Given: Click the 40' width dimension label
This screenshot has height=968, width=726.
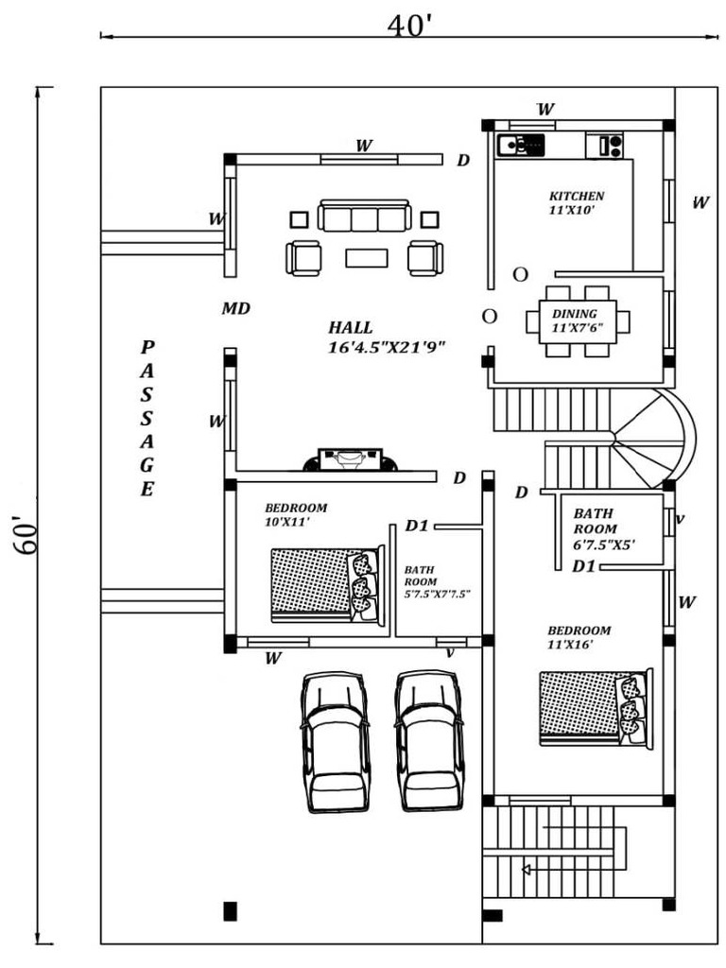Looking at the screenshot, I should coord(409,25).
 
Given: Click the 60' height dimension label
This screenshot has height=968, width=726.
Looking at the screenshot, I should coord(23,534).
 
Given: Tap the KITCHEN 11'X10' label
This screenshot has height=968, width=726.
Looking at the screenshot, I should coord(576,202).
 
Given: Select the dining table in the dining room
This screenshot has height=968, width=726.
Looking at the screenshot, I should coord(577,321).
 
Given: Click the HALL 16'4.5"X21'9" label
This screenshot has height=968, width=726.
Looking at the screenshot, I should coord(386,337).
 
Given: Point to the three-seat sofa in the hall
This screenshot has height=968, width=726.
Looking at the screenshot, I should coord(364,216).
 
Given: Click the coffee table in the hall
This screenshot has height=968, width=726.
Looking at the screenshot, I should coord(366,257).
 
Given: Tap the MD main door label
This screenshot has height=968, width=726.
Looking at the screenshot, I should coord(235,309).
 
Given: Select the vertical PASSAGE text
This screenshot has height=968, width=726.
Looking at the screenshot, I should coord(147,418).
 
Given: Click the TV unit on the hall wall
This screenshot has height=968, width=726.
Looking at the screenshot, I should coord(349,459).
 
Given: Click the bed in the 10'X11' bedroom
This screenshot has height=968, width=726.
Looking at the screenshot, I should coord(327,585).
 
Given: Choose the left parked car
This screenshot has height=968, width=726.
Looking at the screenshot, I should coord(334,741).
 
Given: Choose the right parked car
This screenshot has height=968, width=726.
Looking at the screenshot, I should coord(429,741).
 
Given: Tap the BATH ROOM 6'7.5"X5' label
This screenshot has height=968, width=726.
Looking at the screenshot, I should coord(603,529).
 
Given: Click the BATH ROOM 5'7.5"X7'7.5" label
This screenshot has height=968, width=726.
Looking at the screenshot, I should coord(437,581).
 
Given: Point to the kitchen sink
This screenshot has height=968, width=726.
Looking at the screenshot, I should coord(519,145).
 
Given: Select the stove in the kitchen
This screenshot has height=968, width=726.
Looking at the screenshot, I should coord(605,146).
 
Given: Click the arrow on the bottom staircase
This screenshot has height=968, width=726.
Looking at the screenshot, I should coord(527,869).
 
